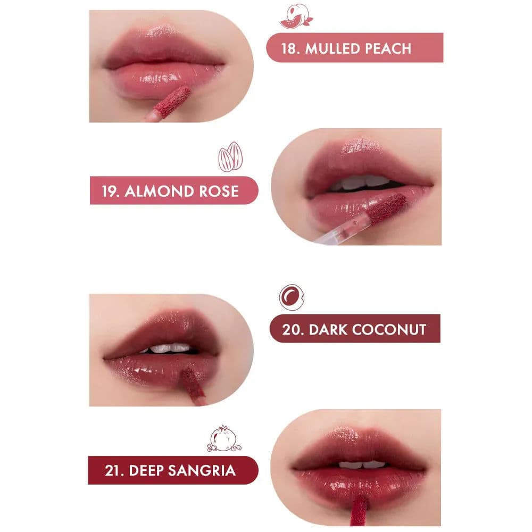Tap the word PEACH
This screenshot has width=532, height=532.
pos(388,48)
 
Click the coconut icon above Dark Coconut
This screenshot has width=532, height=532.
pos(292,296)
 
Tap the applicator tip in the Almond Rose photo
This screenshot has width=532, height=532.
pos(387,208)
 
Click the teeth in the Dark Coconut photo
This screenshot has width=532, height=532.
pos(169,348)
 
